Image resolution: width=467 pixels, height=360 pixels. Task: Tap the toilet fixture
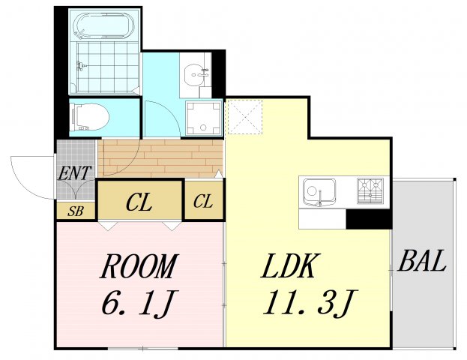pos(88,118)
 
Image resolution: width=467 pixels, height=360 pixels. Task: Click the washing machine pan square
pos(205,118)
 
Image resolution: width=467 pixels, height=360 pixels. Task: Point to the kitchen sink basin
pos(320,192)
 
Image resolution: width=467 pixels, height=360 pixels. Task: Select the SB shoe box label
pos(75,211)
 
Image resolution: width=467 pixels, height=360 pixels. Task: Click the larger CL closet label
pos(139,201)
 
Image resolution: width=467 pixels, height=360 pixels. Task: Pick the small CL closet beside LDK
pos(203,201)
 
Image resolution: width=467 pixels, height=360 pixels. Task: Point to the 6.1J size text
pos(139,303)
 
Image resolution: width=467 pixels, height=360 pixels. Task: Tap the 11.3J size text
pos(307,303)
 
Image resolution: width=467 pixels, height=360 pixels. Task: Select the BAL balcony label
pos(423,262)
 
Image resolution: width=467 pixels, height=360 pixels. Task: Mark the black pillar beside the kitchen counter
pos(368,219)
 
